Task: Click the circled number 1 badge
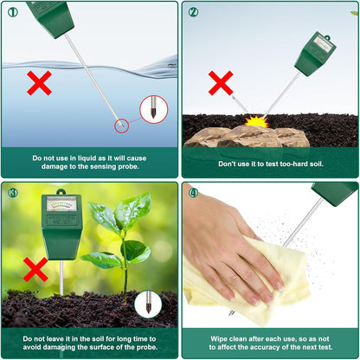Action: coord(12,12)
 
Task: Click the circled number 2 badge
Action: coord(194,12)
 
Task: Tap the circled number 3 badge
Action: coord(12,192)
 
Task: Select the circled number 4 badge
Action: coord(194,192)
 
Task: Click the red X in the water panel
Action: coord(39,83)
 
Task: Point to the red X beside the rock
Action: coord(222,83)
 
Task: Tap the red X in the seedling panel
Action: coord(35,269)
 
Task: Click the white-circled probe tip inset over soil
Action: coord(147,304)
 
